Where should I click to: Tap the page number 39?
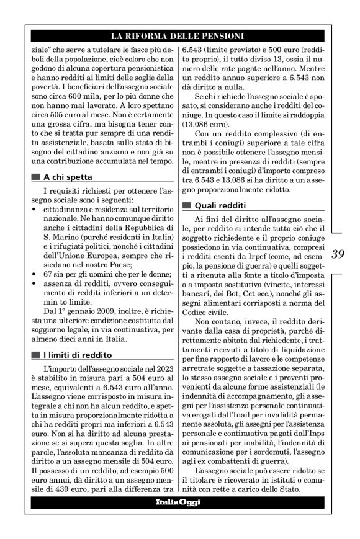point(338,253)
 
